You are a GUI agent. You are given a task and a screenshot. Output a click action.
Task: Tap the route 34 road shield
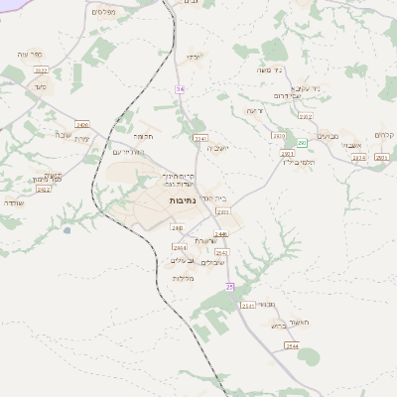pyautogui.click(x=180, y=89)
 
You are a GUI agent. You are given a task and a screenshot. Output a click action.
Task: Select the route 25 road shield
pyautogui.click(x=228, y=287)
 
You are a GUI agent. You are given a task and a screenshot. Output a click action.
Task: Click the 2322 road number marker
pyautogui.click(x=41, y=71)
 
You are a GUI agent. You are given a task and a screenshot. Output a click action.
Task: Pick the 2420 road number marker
pyautogui.click(x=81, y=125)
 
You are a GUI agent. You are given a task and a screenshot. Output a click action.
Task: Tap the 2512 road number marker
pyautogui.click(x=43, y=189)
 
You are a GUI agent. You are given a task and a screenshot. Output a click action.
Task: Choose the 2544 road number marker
pyautogui.click(x=291, y=345)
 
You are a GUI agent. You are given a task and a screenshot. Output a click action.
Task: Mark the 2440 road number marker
pyautogui.click(x=177, y=227)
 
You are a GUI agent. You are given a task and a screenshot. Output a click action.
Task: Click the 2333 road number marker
pyautogui.click(x=223, y=211)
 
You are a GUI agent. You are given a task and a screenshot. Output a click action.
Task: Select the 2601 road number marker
pyautogui.click(x=381, y=157)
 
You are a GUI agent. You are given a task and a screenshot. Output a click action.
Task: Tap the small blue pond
pyautogui.click(x=66, y=230)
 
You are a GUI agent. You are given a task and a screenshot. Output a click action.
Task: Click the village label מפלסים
pyautogui.click(x=101, y=11)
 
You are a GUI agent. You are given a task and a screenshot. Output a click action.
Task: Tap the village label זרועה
pyautogui.click(x=255, y=110)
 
